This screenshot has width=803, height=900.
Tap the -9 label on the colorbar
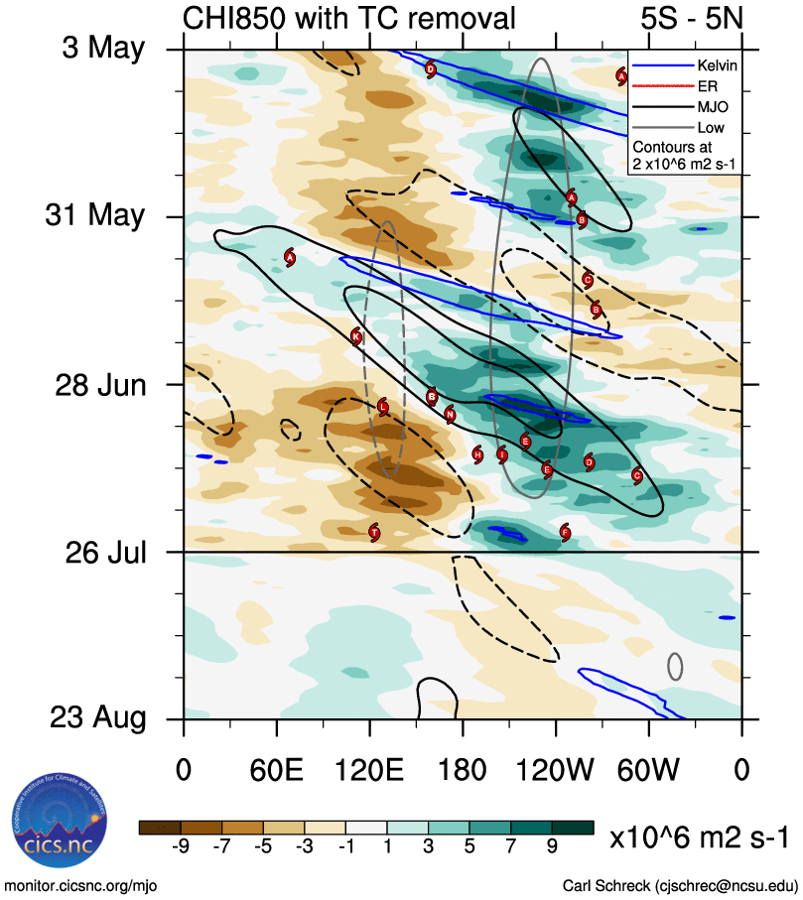[181, 846]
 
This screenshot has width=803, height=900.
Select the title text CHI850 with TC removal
[349, 17]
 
